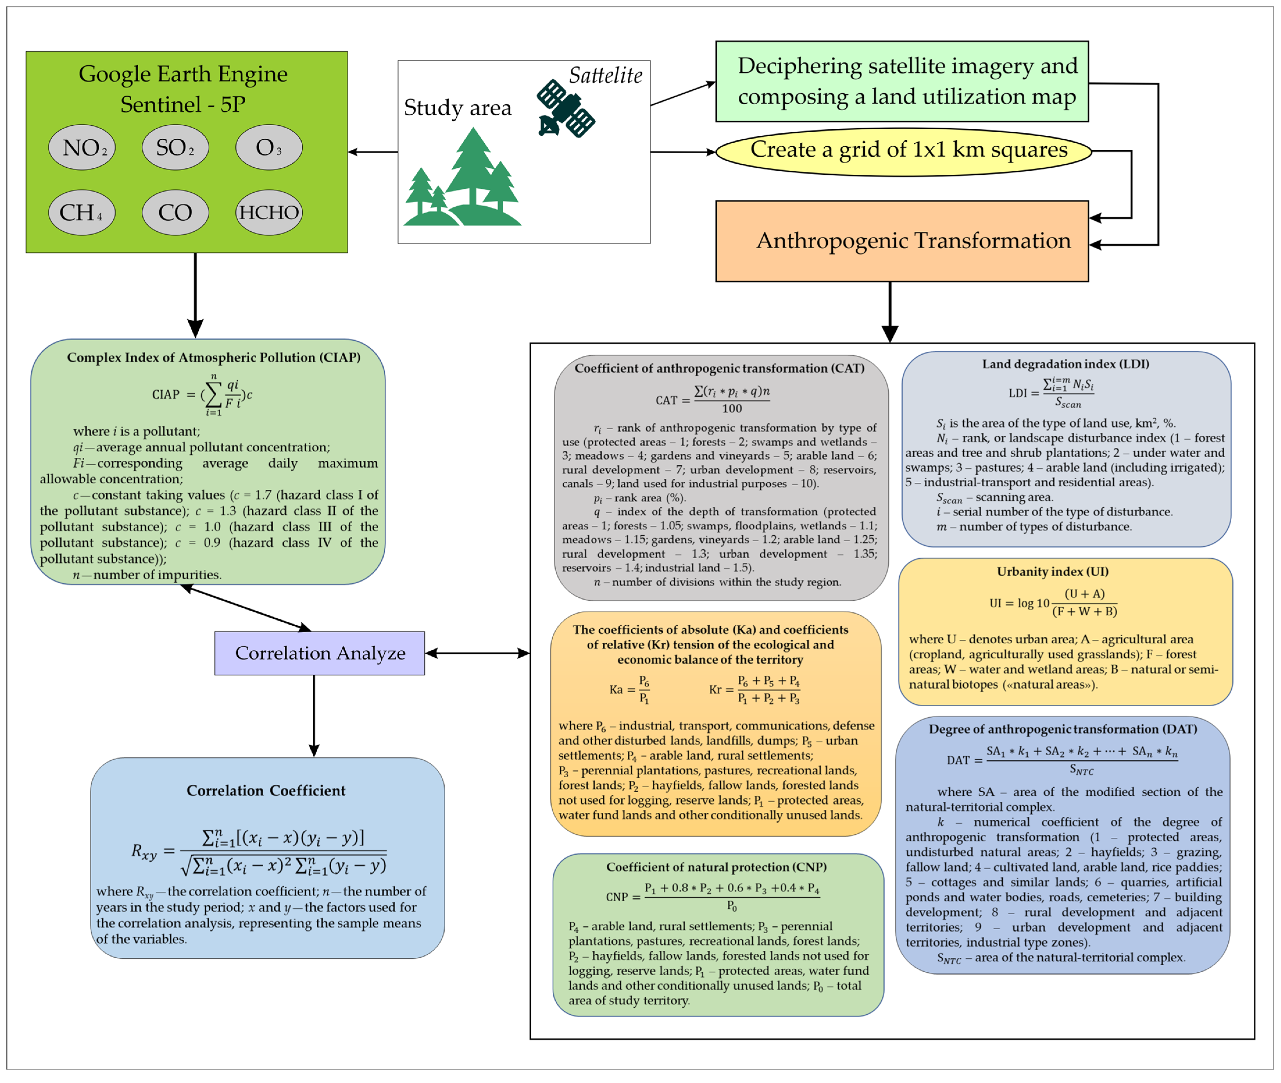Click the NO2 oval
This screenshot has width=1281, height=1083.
click(82, 147)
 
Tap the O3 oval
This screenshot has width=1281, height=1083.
click(269, 147)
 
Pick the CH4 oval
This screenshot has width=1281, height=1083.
click(82, 212)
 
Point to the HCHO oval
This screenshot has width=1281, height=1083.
click(269, 212)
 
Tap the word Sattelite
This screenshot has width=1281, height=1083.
click(605, 76)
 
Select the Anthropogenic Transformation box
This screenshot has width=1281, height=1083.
click(902, 241)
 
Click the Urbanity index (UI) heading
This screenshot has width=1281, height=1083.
click(1053, 571)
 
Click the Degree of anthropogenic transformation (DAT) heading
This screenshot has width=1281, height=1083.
click(1062, 729)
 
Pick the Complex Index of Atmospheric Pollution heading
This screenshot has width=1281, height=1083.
click(214, 357)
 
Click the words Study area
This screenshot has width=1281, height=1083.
click(457, 108)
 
